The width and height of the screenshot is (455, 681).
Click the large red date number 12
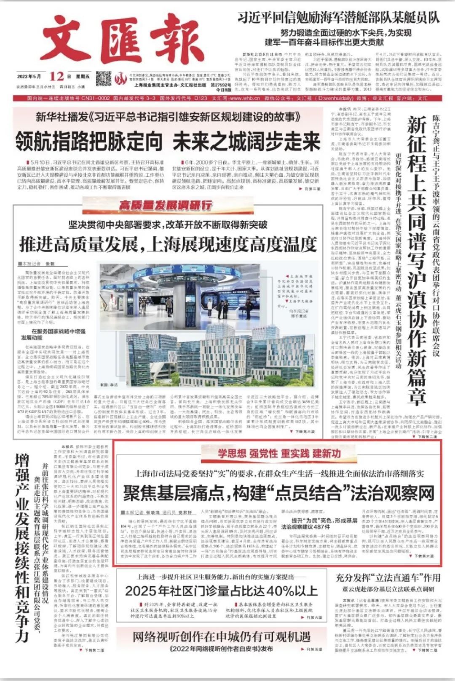tap(56, 76)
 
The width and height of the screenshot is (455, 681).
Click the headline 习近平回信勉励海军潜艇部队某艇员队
tap(338, 17)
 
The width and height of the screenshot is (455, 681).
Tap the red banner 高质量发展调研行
tap(165, 205)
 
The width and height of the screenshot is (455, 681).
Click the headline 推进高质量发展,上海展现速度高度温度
tap(168, 244)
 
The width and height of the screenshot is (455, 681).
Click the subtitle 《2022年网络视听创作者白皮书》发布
tap(222, 649)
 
